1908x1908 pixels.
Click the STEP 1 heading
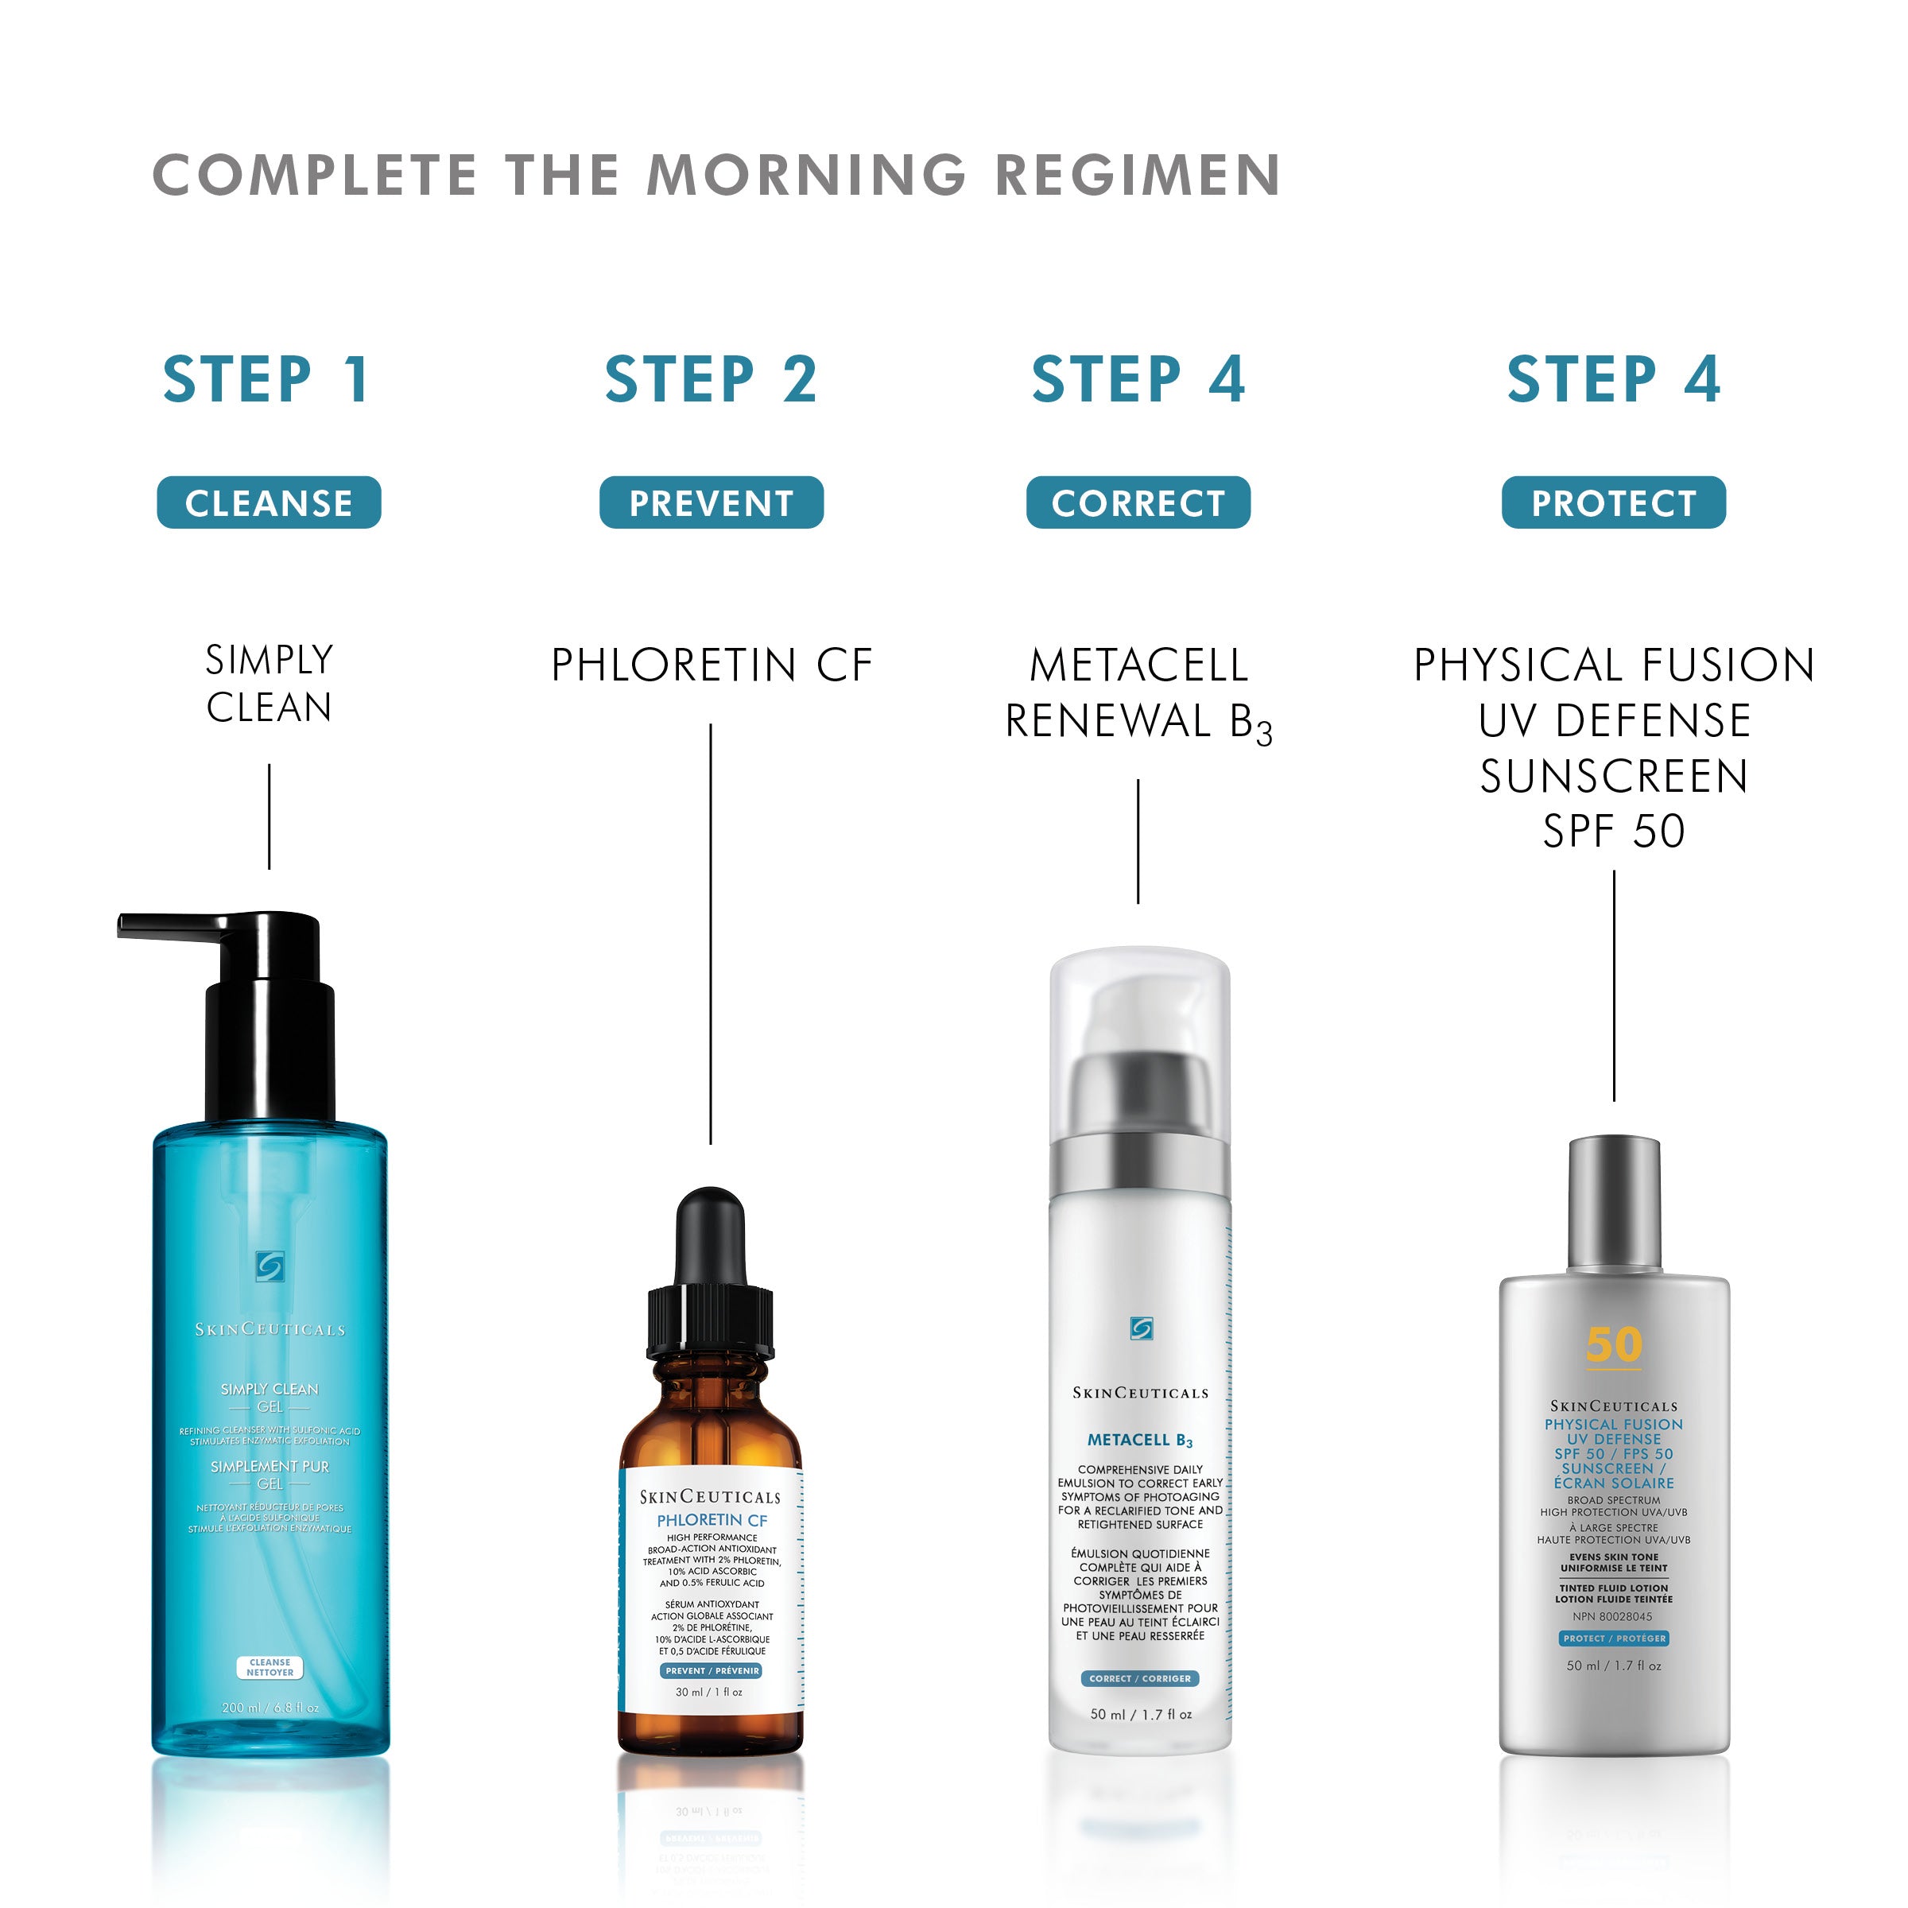[x=266, y=380]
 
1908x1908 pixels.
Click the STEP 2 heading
[x=711, y=380]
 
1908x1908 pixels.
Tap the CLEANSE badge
[x=269, y=502]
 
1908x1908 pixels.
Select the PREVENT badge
[x=711, y=502]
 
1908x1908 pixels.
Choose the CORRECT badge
[x=1138, y=502]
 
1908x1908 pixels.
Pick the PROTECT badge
[x=1614, y=502]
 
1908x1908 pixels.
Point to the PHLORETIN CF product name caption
[x=711, y=665]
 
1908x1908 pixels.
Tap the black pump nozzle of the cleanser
[x=168, y=925]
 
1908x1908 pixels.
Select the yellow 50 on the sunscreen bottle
[x=1614, y=1345]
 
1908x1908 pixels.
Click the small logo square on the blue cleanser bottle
[x=270, y=1267]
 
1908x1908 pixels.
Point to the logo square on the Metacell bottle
[x=1141, y=1328]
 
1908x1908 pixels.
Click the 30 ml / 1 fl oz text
[x=709, y=1692]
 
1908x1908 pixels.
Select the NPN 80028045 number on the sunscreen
[x=1613, y=1617]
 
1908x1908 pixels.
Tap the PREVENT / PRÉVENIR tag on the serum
[x=711, y=1671]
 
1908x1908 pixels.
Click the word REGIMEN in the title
[x=1138, y=175]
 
